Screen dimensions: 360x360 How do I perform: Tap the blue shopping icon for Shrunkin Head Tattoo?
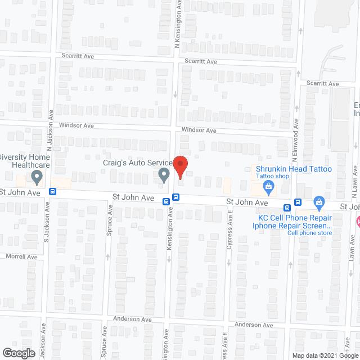[x=269, y=186]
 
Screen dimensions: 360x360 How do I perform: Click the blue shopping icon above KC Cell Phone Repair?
[x=319, y=201]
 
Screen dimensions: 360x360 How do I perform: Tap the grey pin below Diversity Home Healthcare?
[x=37, y=178]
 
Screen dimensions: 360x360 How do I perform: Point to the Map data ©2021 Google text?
[x=324, y=355]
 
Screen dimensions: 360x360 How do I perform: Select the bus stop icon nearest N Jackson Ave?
[x=53, y=191]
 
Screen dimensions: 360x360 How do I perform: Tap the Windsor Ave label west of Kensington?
[x=80, y=125]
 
